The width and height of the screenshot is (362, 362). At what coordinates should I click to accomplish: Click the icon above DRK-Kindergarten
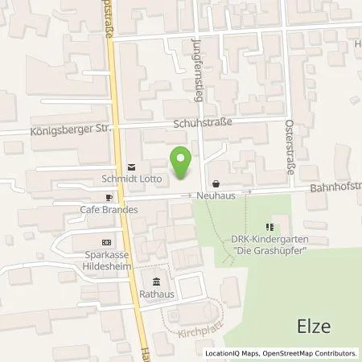pyautogui.click(x=271, y=226)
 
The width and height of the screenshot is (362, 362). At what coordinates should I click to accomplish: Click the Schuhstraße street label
pyautogui.click(x=202, y=122)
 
